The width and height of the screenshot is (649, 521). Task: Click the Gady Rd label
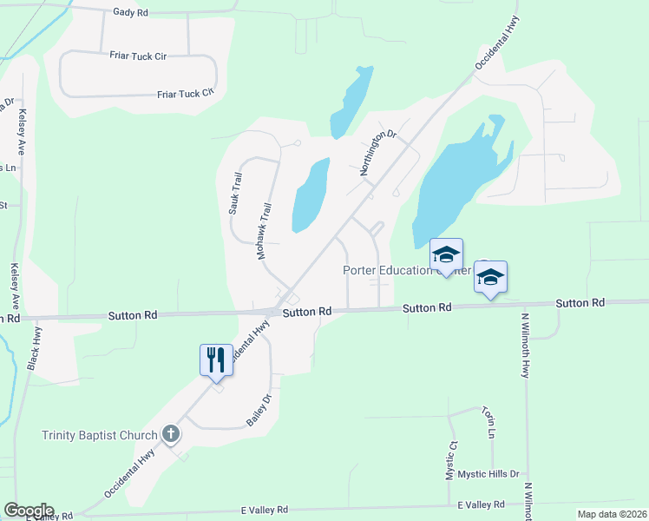130,13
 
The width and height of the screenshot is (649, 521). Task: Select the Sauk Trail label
235,193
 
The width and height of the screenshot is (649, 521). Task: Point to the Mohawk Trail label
265,232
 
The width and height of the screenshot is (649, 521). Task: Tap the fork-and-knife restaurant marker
215,359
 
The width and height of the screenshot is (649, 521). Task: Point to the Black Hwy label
34,350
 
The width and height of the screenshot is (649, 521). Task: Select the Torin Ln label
491,421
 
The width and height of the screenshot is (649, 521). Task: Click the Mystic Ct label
451,459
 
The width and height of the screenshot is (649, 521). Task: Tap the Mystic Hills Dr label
488,474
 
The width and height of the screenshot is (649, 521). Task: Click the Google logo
29,511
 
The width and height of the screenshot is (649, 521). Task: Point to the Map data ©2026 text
611,514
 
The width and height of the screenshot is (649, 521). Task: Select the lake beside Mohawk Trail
310,195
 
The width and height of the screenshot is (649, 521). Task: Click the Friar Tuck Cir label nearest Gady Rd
138,56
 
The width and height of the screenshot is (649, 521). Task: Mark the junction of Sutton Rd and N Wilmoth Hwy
525,305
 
